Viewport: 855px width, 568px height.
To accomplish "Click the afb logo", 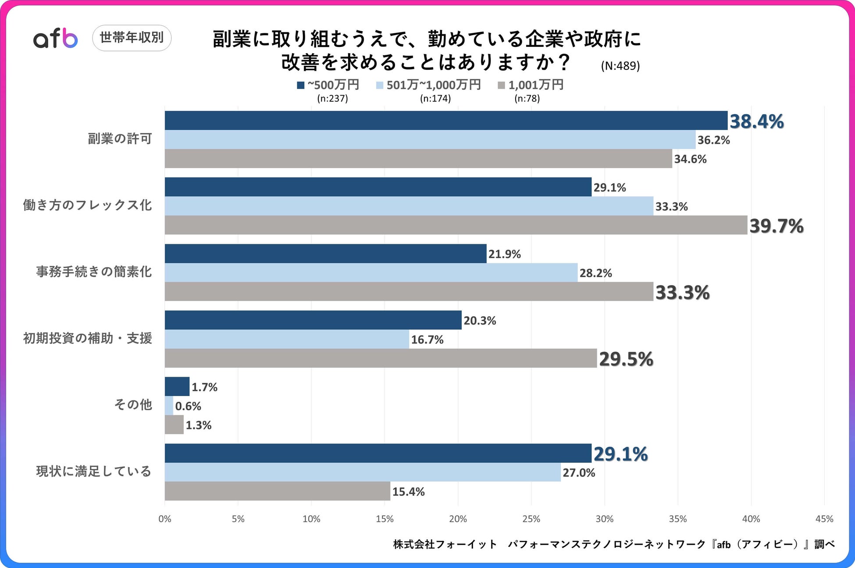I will tap(55, 39).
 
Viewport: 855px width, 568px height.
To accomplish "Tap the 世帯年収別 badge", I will tap(132, 38).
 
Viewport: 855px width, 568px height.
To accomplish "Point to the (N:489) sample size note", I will tap(620, 66).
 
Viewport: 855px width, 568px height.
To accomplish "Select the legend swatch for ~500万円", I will tap(300, 85).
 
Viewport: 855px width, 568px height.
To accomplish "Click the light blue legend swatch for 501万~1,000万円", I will tap(380, 85).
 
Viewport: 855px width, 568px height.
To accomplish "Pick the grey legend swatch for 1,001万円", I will tap(501, 85).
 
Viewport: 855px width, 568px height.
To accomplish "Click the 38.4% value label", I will tap(756, 121).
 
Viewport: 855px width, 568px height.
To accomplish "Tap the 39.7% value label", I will tap(776, 226).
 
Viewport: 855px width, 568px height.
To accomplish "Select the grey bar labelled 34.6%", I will tap(418, 158).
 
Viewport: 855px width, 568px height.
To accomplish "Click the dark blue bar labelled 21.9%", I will tap(325, 254).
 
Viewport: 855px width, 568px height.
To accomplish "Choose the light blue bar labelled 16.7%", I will tap(287, 339).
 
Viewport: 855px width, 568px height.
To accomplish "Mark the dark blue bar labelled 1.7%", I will tap(177, 386).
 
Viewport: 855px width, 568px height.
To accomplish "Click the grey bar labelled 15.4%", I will tap(277, 491).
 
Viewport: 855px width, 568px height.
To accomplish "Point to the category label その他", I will tap(133, 404).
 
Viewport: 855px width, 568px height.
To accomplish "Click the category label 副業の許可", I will tap(120, 139).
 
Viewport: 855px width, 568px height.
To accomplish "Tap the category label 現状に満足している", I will tap(94, 472).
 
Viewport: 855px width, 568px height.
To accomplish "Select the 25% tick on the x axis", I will tap(531, 519).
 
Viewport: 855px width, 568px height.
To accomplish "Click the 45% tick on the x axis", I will tap(824, 519).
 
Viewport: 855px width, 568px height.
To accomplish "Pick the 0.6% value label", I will tap(188, 406).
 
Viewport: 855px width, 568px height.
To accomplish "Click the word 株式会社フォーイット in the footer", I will tap(445, 544).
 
